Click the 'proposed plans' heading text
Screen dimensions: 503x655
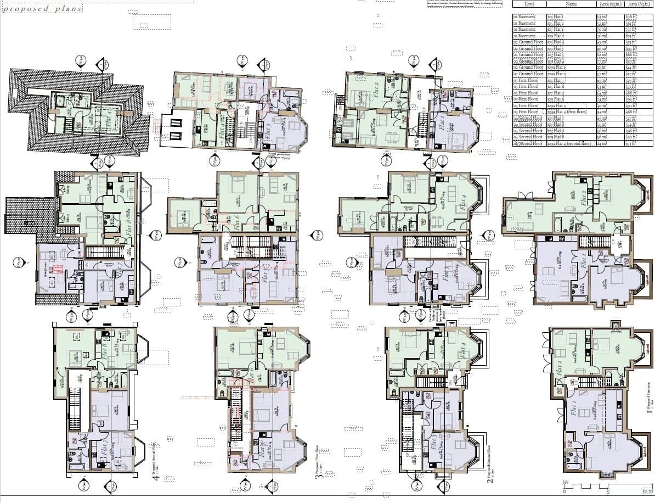coord(42,9)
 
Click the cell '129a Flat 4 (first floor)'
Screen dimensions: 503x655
coord(571,112)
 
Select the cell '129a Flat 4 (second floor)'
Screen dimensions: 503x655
coord(571,143)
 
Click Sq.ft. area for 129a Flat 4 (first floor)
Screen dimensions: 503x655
coord(638,112)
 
